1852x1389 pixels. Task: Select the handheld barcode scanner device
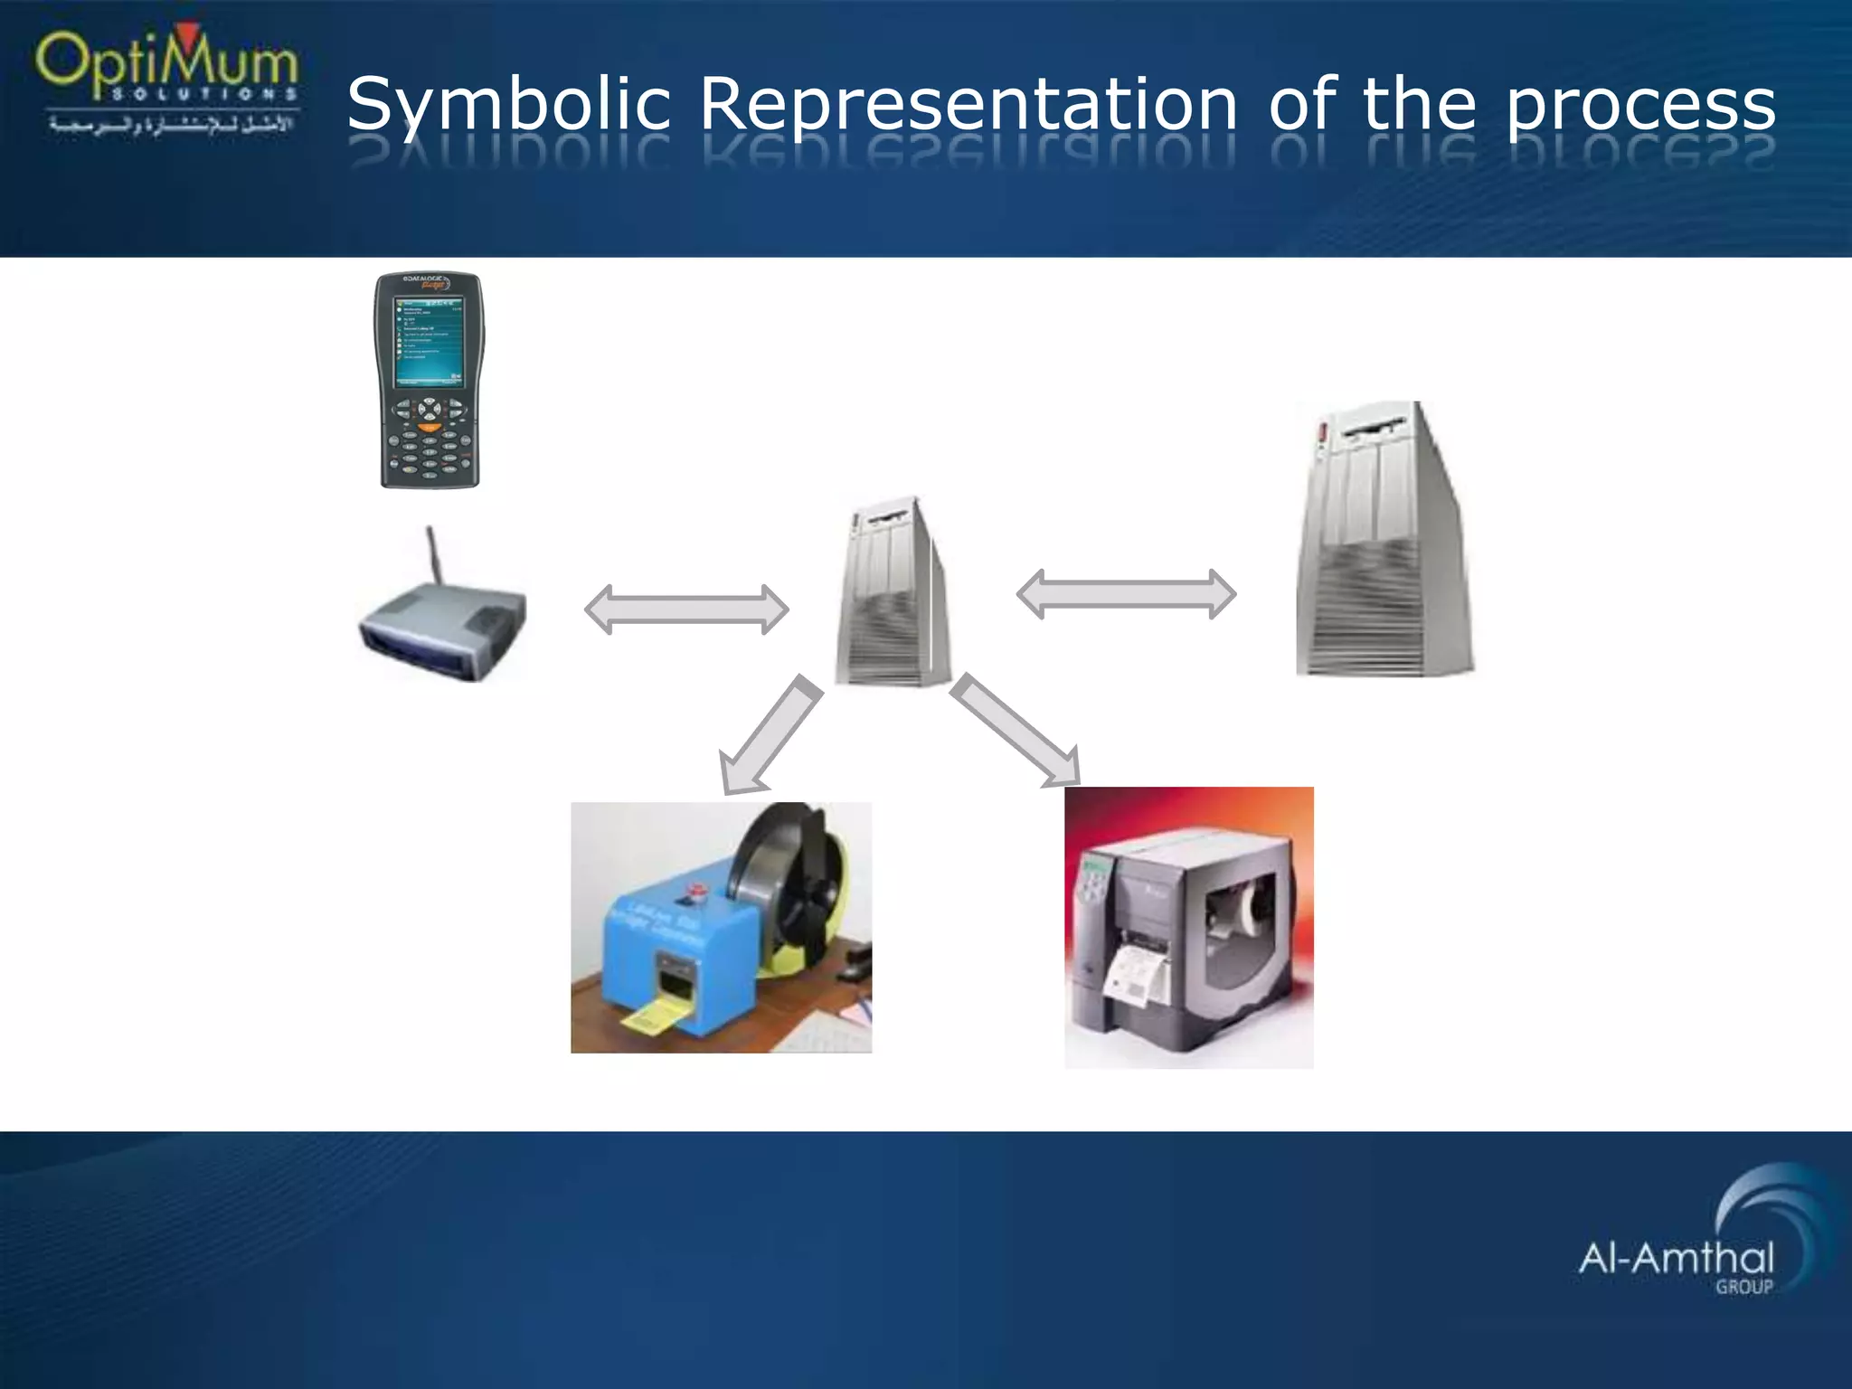click(x=429, y=380)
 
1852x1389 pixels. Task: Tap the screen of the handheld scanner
click(x=429, y=339)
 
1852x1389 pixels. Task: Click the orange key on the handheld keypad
click(x=430, y=428)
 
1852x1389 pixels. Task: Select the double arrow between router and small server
click(x=686, y=609)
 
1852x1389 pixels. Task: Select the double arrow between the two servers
click(x=1126, y=594)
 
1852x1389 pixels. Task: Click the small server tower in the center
click(x=892, y=592)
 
